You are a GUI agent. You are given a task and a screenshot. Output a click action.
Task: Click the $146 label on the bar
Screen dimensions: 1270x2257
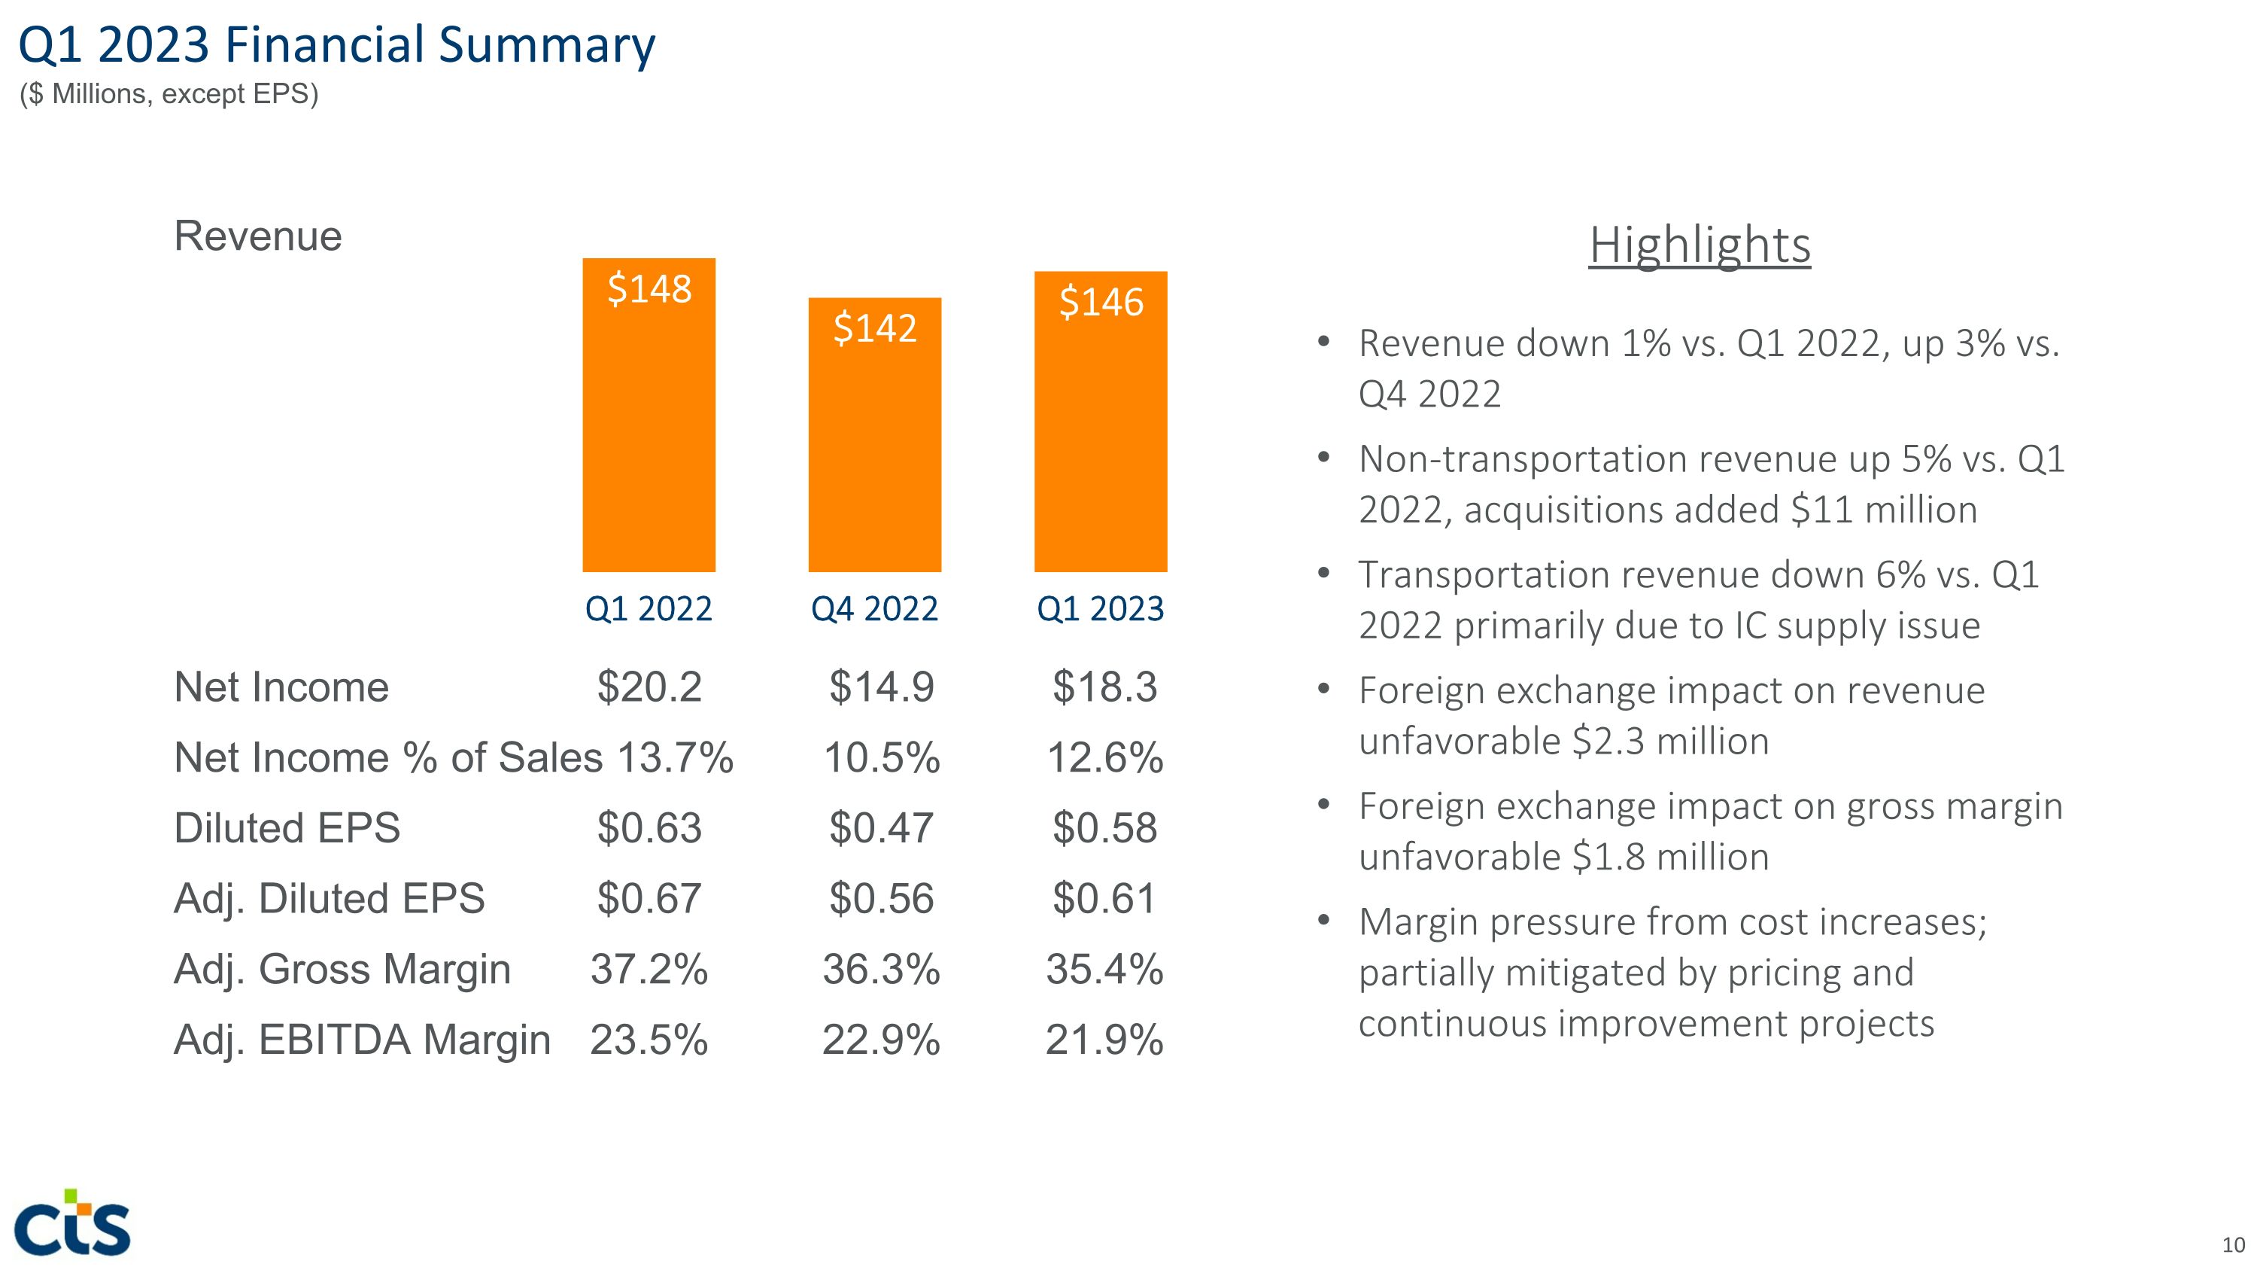pyautogui.click(x=1101, y=303)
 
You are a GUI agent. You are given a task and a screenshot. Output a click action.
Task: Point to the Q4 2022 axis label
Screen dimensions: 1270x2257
pyautogui.click(x=874, y=608)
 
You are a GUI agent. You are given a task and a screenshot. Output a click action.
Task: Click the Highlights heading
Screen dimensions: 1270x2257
pyautogui.click(x=1700, y=245)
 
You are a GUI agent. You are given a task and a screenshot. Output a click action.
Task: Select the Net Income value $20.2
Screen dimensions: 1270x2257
pyautogui.click(x=649, y=687)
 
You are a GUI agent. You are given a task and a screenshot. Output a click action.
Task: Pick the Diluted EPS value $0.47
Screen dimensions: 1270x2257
pyautogui.click(x=882, y=827)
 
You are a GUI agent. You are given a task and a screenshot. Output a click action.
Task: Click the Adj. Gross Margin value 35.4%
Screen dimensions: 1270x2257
pyautogui.click(x=1104, y=970)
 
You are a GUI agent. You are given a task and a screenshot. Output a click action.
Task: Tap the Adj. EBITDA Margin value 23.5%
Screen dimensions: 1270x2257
pyautogui.click(x=649, y=1040)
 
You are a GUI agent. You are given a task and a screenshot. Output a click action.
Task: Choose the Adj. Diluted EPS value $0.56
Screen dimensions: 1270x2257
pyautogui.click(x=882, y=898)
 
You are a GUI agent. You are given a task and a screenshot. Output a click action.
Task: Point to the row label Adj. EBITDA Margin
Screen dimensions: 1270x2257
pyautogui.click(x=362, y=1040)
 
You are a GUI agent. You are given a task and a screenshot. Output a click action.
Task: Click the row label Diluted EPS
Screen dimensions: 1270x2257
pyautogui.click(x=287, y=827)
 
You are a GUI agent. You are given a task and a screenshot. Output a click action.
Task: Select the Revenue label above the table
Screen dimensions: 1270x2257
pyautogui.click(x=257, y=236)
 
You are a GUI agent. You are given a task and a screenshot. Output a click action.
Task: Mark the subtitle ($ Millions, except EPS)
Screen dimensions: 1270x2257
pyautogui.click(x=169, y=94)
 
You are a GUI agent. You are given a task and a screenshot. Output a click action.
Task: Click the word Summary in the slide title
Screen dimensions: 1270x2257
pyautogui.click(x=547, y=46)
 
